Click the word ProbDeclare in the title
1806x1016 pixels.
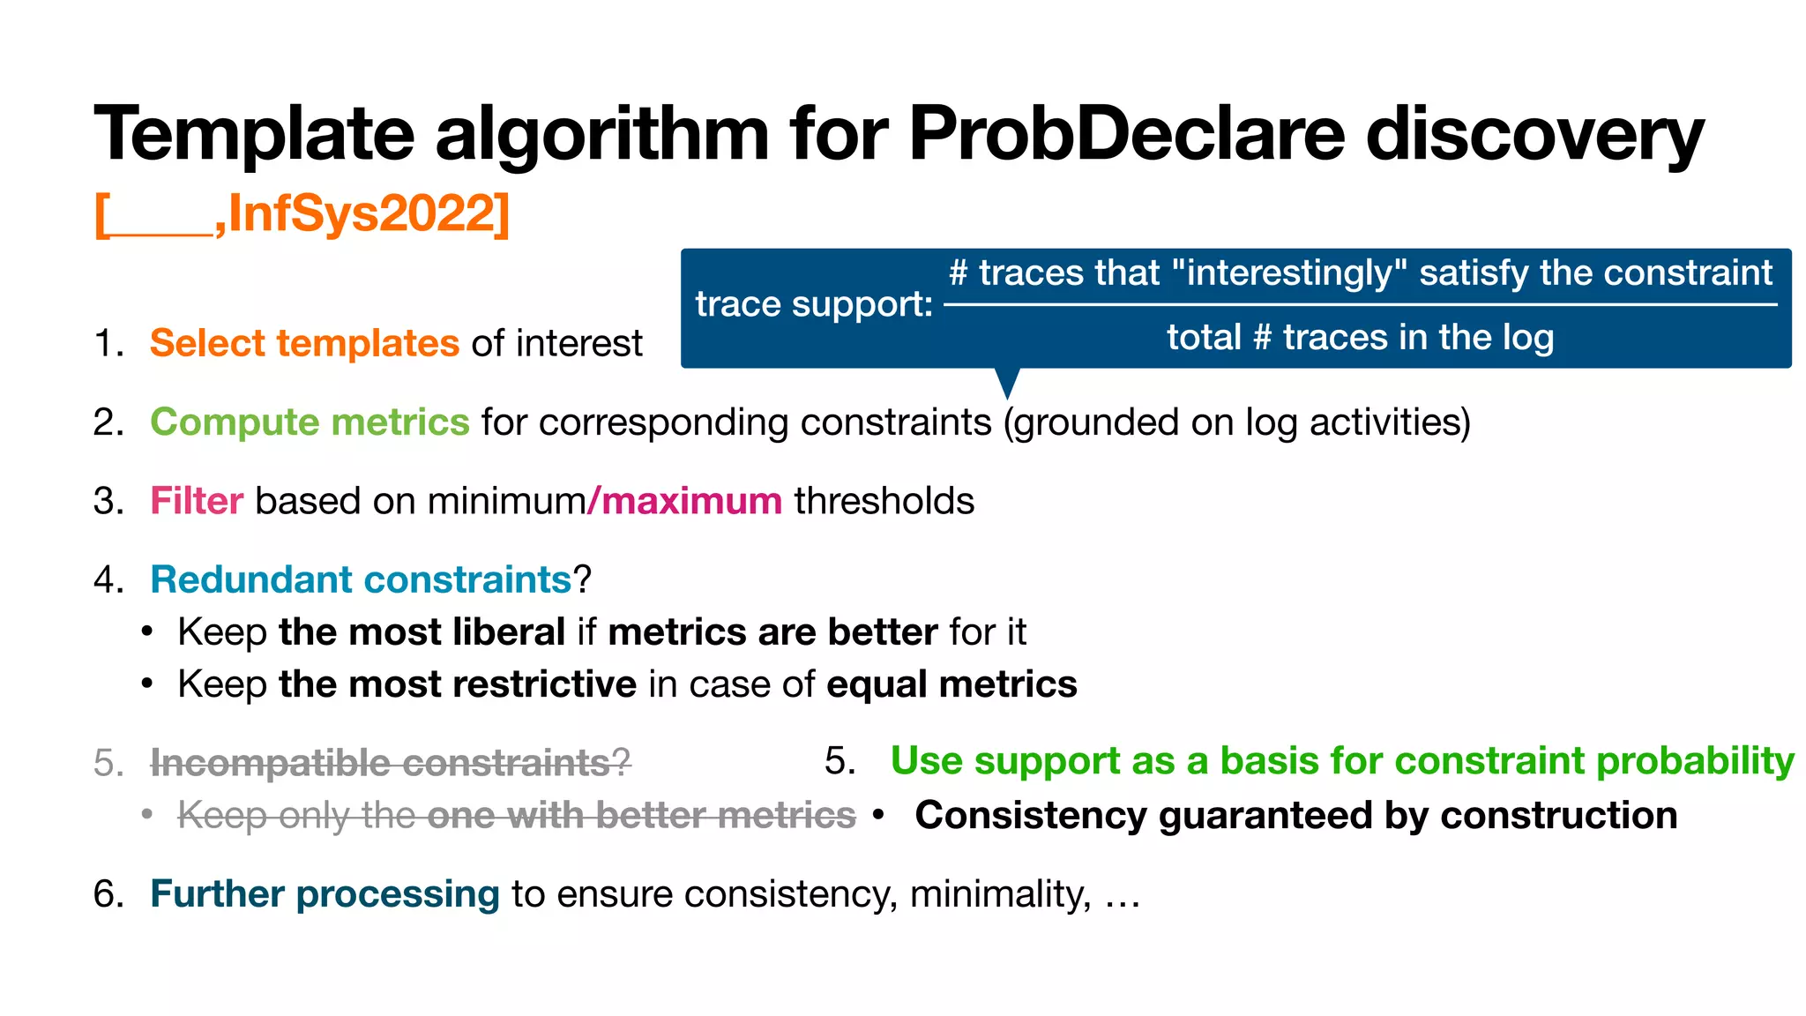(1127, 134)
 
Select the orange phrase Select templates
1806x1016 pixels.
(304, 343)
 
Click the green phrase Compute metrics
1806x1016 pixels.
(310, 422)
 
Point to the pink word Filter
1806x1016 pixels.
(196, 501)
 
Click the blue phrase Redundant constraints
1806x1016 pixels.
(361, 579)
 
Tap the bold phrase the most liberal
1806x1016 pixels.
(422, 632)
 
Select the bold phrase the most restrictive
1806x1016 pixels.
(457, 684)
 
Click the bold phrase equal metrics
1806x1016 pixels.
(952, 684)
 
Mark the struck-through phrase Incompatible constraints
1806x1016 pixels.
(381, 763)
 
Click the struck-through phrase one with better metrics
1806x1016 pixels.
(641, 816)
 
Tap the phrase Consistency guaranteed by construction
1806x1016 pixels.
(1295, 816)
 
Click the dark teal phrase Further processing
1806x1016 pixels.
(325, 894)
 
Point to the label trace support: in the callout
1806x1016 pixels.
(813, 304)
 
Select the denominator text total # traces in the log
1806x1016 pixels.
(1360, 338)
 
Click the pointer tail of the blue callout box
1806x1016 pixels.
(1007, 383)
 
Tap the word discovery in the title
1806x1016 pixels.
(1534, 134)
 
